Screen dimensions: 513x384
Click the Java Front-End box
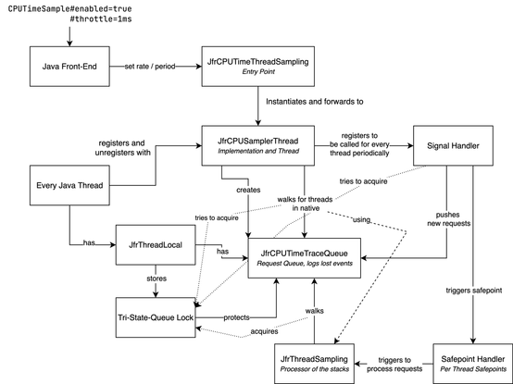69,67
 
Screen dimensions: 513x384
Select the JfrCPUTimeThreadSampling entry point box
258,67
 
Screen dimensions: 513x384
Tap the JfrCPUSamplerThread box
258,145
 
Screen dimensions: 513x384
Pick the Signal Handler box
453,145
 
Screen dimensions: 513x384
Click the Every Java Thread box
69,185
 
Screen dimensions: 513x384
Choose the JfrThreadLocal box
156,245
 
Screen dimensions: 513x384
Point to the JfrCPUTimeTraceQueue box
305,258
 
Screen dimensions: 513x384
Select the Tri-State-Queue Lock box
156,317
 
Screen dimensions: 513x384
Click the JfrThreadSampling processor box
315,364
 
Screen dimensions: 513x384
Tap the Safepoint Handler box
473,364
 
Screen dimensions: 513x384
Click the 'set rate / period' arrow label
150,67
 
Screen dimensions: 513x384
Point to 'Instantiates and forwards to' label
315,102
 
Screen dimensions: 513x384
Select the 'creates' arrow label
248,190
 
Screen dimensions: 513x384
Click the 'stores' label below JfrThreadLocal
156,279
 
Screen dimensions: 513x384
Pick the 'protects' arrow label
236,317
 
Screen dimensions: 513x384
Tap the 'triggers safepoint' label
474,291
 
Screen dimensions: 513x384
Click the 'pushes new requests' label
448,219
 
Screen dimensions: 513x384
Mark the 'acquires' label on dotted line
264,331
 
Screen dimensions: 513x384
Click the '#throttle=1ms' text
101,19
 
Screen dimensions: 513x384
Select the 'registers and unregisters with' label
122,148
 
